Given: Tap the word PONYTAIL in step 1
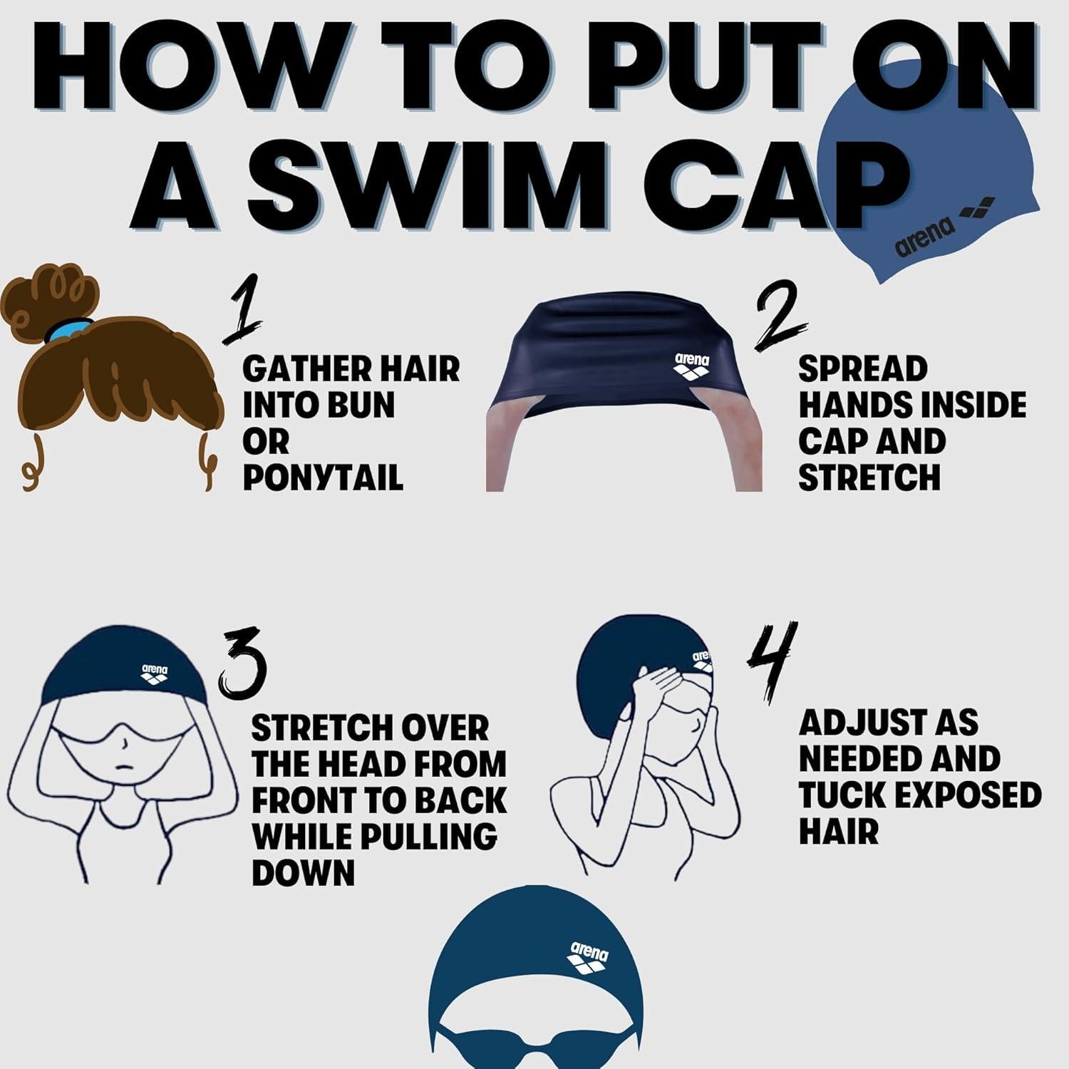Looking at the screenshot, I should point(323,477).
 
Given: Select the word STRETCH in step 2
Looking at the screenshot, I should point(869,477).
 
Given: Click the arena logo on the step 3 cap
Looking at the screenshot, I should point(155,673).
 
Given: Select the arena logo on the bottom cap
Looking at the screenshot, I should point(589,956).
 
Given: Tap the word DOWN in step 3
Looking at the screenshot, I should point(303,872).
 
